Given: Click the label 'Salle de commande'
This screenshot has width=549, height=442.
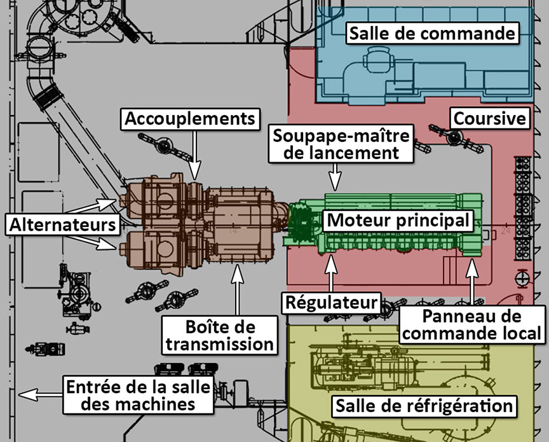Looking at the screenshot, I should point(431,32).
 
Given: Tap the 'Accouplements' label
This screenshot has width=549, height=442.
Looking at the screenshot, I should point(190,118).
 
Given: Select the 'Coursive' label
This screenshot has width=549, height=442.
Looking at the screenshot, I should point(489,118).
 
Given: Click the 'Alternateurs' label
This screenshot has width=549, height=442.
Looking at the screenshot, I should point(63,224).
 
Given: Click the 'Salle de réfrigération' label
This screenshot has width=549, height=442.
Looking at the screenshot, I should point(424,406).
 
